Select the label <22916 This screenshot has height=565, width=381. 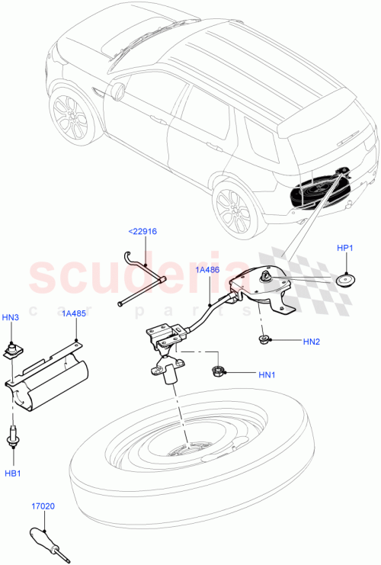pos(142,232)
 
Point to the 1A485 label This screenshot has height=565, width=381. pos(74,313)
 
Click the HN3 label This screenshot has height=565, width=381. pos(10,318)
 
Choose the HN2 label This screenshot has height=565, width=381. pos(311,342)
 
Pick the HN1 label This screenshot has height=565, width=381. pos(267,374)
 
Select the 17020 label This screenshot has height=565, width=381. pos(43,506)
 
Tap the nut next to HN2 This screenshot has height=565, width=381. pos(263,338)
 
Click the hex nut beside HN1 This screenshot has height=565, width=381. pos(216,372)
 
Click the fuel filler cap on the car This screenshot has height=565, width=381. pos(120,91)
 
